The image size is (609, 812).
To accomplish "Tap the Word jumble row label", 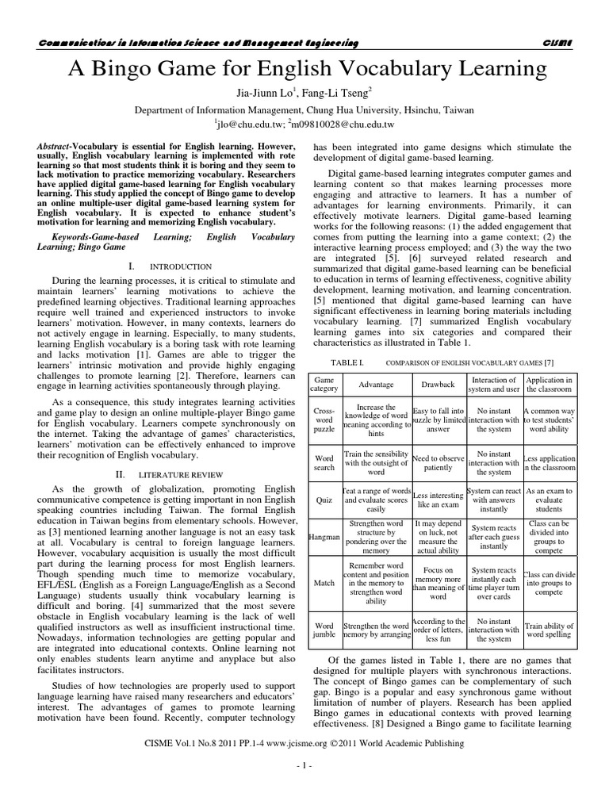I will [324, 631].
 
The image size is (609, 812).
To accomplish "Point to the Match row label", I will [324, 583].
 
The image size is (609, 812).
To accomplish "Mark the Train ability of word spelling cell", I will [549, 631].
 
